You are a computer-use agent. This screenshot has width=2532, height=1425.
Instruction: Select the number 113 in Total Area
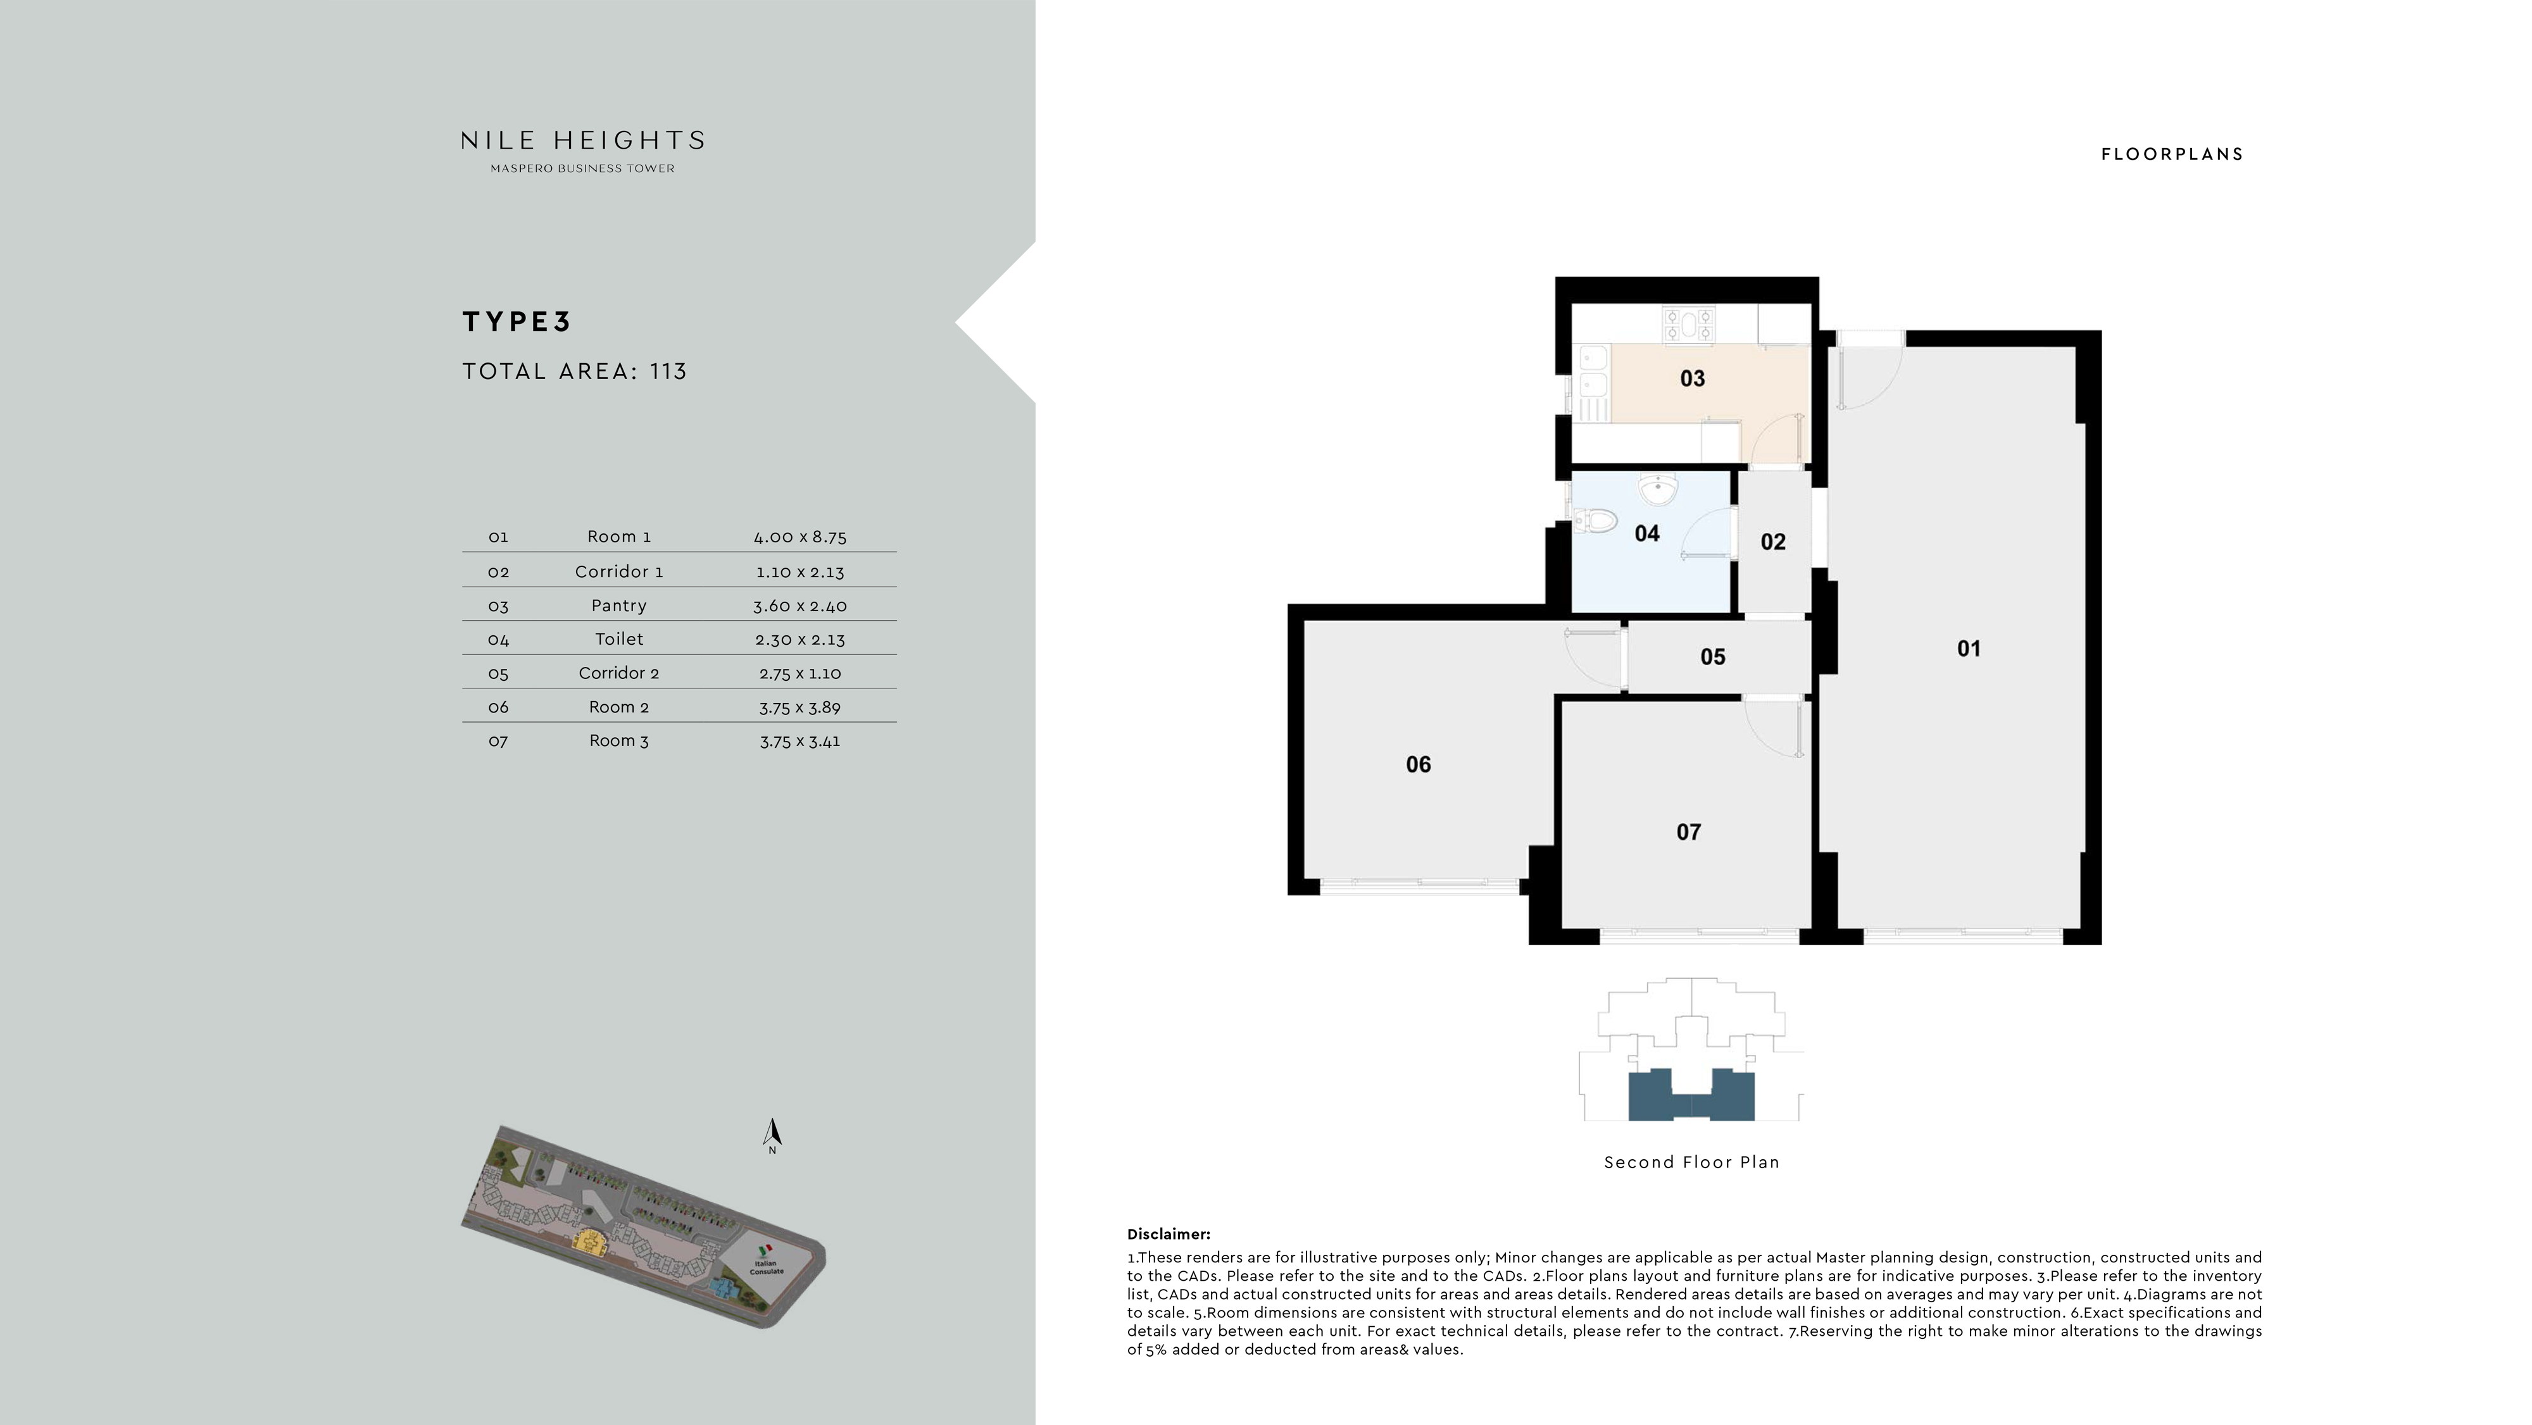click(x=668, y=371)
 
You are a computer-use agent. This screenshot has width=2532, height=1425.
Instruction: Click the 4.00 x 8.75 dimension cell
click(x=799, y=537)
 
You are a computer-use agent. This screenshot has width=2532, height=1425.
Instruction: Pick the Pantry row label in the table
click(x=618, y=606)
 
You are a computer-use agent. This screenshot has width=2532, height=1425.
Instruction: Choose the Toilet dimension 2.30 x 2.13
click(x=799, y=640)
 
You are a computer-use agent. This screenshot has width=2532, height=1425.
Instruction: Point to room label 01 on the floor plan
click(x=1968, y=649)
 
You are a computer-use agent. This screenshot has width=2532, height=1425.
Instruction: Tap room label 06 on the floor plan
click(x=1417, y=764)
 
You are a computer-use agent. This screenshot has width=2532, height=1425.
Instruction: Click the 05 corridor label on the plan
click(x=1712, y=656)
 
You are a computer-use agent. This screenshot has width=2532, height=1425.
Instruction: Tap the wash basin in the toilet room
click(x=1658, y=488)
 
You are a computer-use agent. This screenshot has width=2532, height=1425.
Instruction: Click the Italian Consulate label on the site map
click(x=767, y=1267)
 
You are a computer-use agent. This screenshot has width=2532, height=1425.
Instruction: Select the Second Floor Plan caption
click(x=1691, y=1162)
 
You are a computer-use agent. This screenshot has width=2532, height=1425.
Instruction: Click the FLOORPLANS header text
click(x=2171, y=154)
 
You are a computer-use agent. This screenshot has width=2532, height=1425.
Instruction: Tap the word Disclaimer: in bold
click(x=1168, y=1235)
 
